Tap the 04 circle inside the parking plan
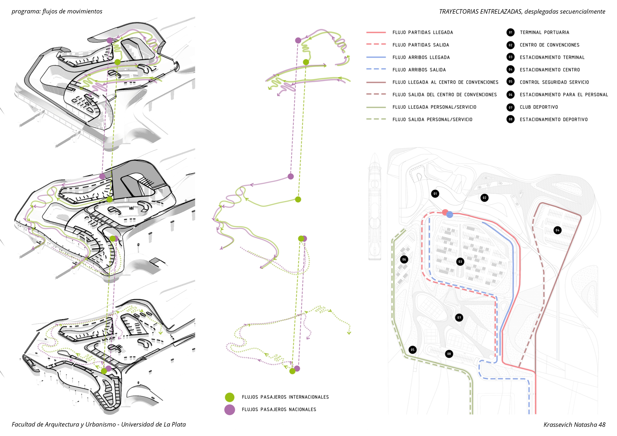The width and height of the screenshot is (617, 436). pyautogui.click(x=557, y=230)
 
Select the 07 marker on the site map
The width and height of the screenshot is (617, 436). pyautogui.click(x=459, y=317)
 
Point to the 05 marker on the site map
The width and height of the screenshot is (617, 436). pyautogui.click(x=412, y=350)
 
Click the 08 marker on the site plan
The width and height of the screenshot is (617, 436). pyautogui.click(x=449, y=354)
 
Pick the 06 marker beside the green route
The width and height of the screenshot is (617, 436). pyautogui.click(x=404, y=259)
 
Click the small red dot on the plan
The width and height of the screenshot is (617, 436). pyautogui.click(x=445, y=212)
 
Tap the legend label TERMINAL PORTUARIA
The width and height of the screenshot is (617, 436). pyautogui.click(x=544, y=33)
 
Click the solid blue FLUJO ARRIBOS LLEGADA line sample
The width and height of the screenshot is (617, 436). pyautogui.click(x=376, y=57)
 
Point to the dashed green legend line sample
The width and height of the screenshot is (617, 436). pyautogui.click(x=376, y=119)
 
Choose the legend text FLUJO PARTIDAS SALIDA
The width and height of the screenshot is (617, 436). pyautogui.click(x=420, y=45)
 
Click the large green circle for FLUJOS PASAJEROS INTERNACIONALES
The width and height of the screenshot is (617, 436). pyautogui.click(x=230, y=397)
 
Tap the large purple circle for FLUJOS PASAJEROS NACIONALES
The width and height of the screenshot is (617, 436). pyautogui.click(x=230, y=410)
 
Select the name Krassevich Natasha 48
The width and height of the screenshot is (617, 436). pyautogui.click(x=574, y=425)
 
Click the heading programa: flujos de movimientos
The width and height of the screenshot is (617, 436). pyautogui.click(x=57, y=11)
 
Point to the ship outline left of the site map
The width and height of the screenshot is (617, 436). pyautogui.click(x=375, y=207)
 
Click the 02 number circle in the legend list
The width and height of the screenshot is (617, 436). pyautogui.click(x=510, y=45)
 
